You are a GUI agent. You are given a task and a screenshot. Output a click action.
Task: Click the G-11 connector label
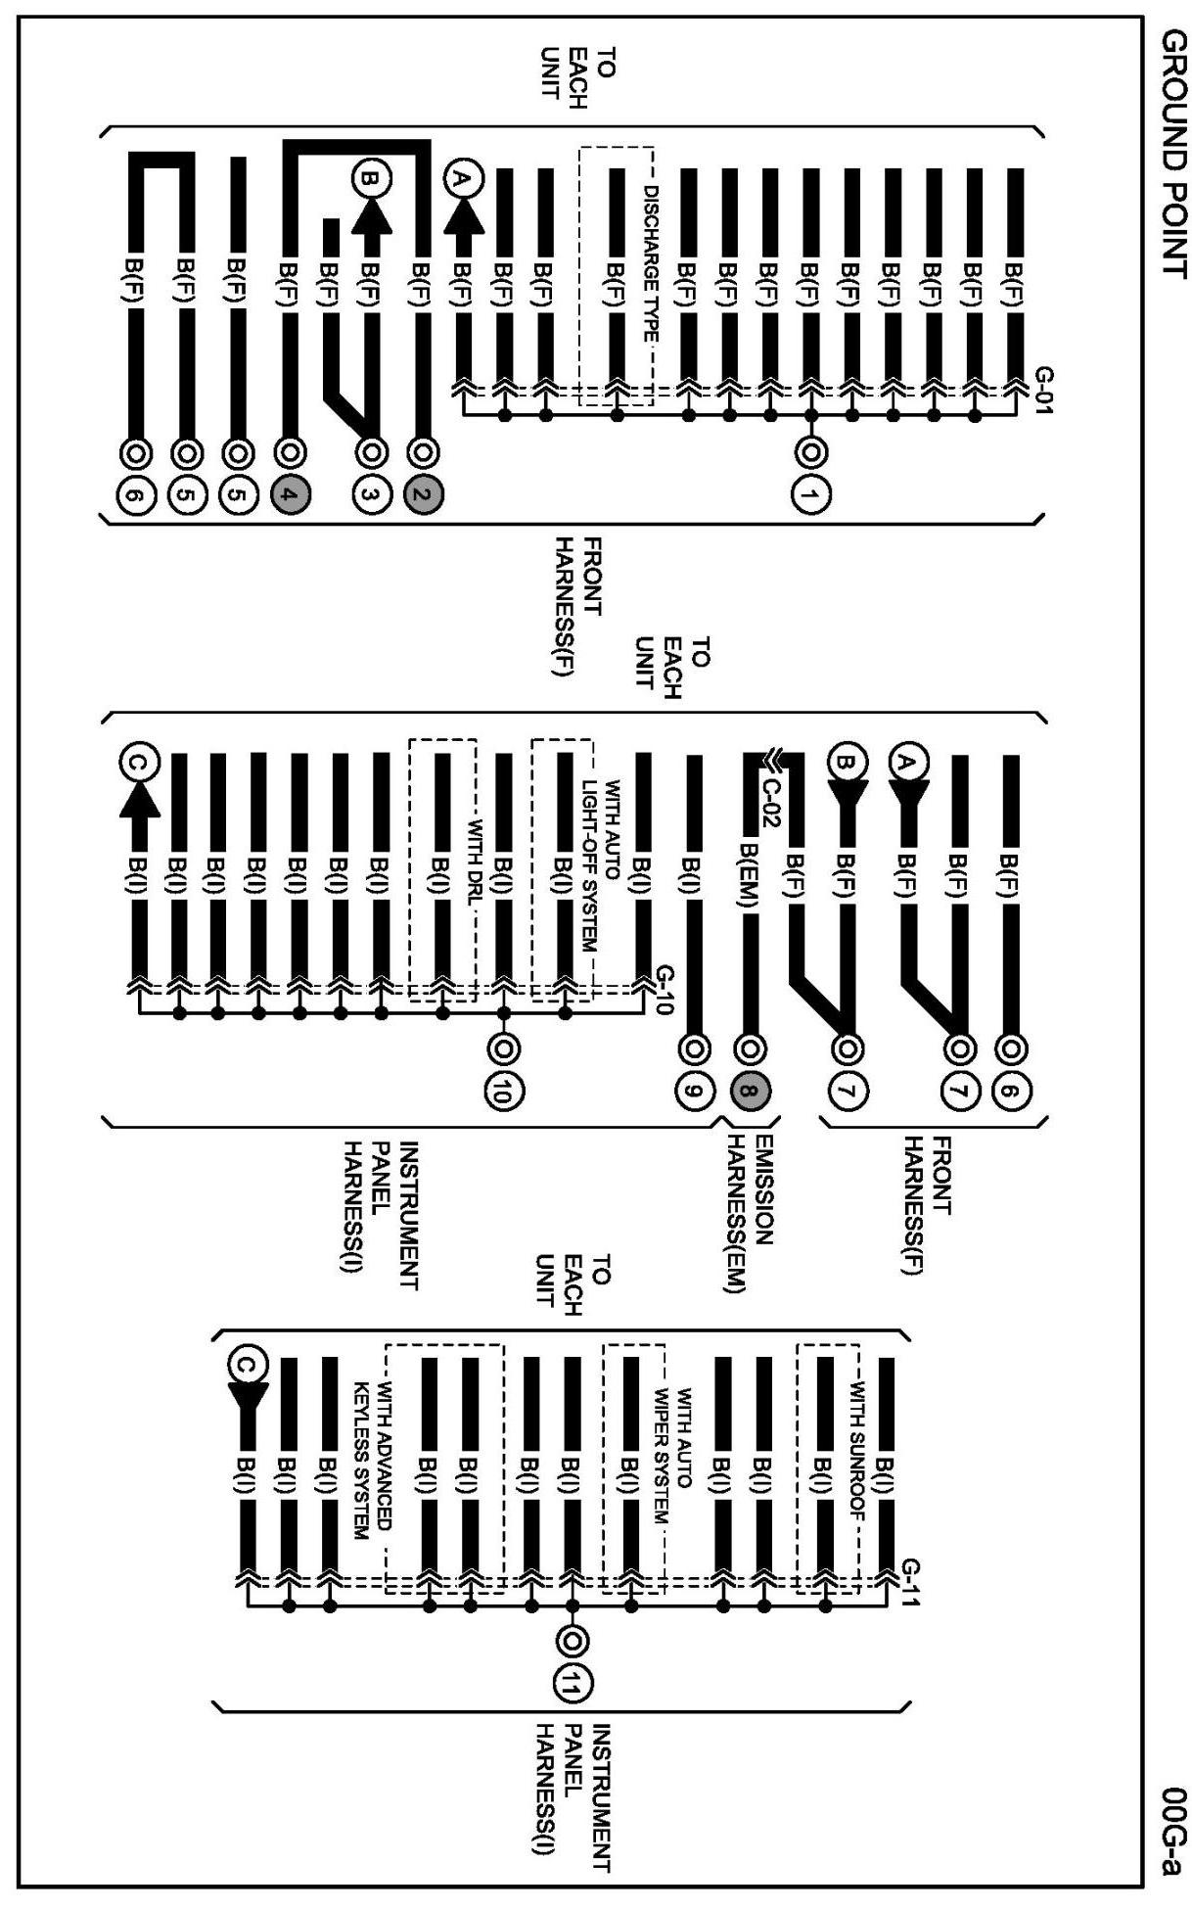[x=909, y=1583]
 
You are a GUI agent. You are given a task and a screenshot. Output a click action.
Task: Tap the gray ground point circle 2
[x=423, y=495]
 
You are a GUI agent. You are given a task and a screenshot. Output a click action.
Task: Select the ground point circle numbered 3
[x=370, y=495]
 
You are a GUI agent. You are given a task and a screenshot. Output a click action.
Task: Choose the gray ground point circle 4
[x=288, y=495]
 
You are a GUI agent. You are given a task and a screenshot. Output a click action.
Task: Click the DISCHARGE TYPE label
[x=651, y=263]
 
